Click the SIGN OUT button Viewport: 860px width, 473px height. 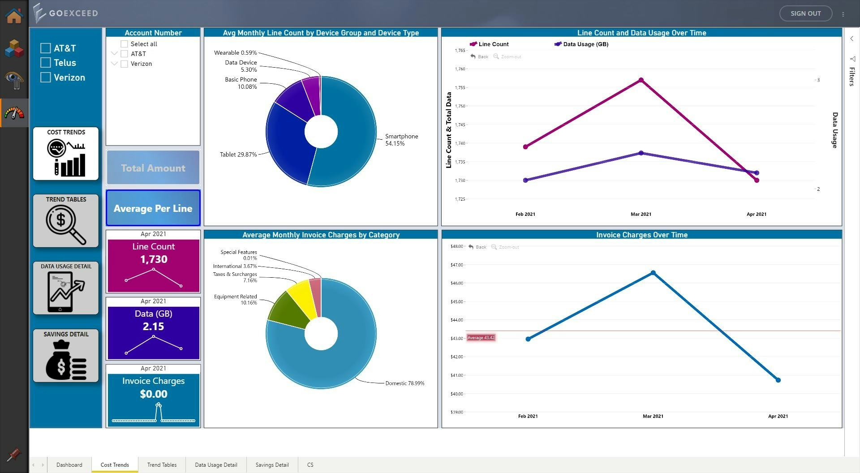coord(805,13)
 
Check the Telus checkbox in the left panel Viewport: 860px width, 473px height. coord(46,63)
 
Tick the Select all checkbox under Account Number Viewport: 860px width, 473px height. coord(125,44)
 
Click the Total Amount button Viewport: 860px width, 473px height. coord(153,168)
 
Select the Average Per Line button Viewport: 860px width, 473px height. coord(153,208)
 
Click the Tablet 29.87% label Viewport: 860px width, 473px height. coord(238,155)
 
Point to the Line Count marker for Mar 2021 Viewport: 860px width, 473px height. coord(641,80)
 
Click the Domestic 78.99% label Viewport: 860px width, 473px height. coord(404,383)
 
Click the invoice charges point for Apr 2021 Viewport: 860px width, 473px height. coord(778,380)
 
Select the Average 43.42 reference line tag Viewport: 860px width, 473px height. coord(481,338)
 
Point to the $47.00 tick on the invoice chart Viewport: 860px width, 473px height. coord(456,265)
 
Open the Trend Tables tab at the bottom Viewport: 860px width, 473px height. coord(162,465)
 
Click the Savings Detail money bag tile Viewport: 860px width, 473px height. coord(66,356)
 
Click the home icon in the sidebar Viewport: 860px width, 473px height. coord(14,16)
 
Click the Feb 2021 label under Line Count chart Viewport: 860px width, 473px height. coord(525,214)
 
